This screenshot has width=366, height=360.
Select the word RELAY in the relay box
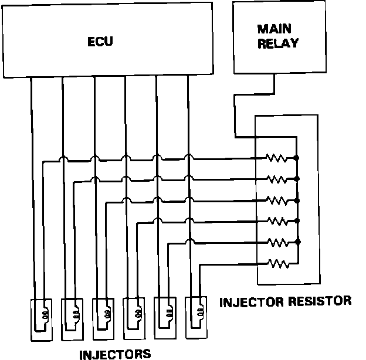point(278,43)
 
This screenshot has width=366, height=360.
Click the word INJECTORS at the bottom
point(115,354)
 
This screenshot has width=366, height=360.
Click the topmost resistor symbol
point(276,158)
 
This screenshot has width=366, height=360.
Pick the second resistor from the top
point(276,179)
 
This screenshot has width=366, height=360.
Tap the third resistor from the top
point(276,200)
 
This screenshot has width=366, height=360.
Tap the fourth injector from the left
point(134,319)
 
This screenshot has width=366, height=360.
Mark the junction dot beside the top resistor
point(297,158)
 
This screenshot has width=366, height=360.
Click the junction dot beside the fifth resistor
point(297,242)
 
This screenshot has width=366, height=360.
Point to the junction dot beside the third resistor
point(297,200)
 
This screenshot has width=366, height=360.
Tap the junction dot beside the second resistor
point(297,179)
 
